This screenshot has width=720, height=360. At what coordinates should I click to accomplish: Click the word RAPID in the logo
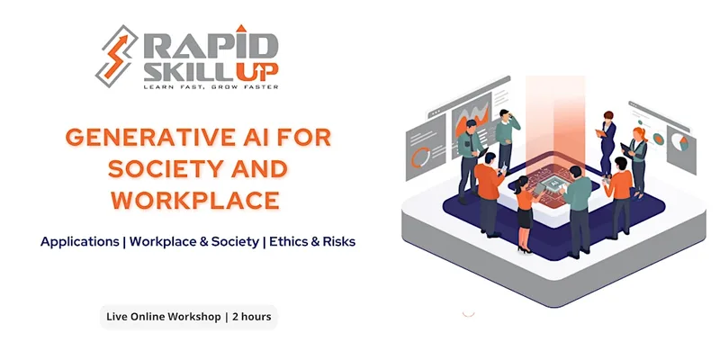(x=211, y=47)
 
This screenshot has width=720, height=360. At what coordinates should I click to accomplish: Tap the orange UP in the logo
(x=257, y=71)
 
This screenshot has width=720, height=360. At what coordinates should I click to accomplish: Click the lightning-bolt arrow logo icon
(x=117, y=56)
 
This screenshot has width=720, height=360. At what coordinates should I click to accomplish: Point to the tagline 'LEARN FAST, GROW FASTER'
(x=211, y=86)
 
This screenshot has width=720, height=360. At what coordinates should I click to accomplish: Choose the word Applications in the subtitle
(x=80, y=242)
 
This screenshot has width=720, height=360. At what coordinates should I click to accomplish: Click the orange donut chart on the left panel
(x=420, y=157)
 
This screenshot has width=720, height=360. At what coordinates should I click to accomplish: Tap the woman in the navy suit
(x=607, y=142)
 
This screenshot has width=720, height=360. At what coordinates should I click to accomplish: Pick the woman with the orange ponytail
(x=637, y=162)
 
